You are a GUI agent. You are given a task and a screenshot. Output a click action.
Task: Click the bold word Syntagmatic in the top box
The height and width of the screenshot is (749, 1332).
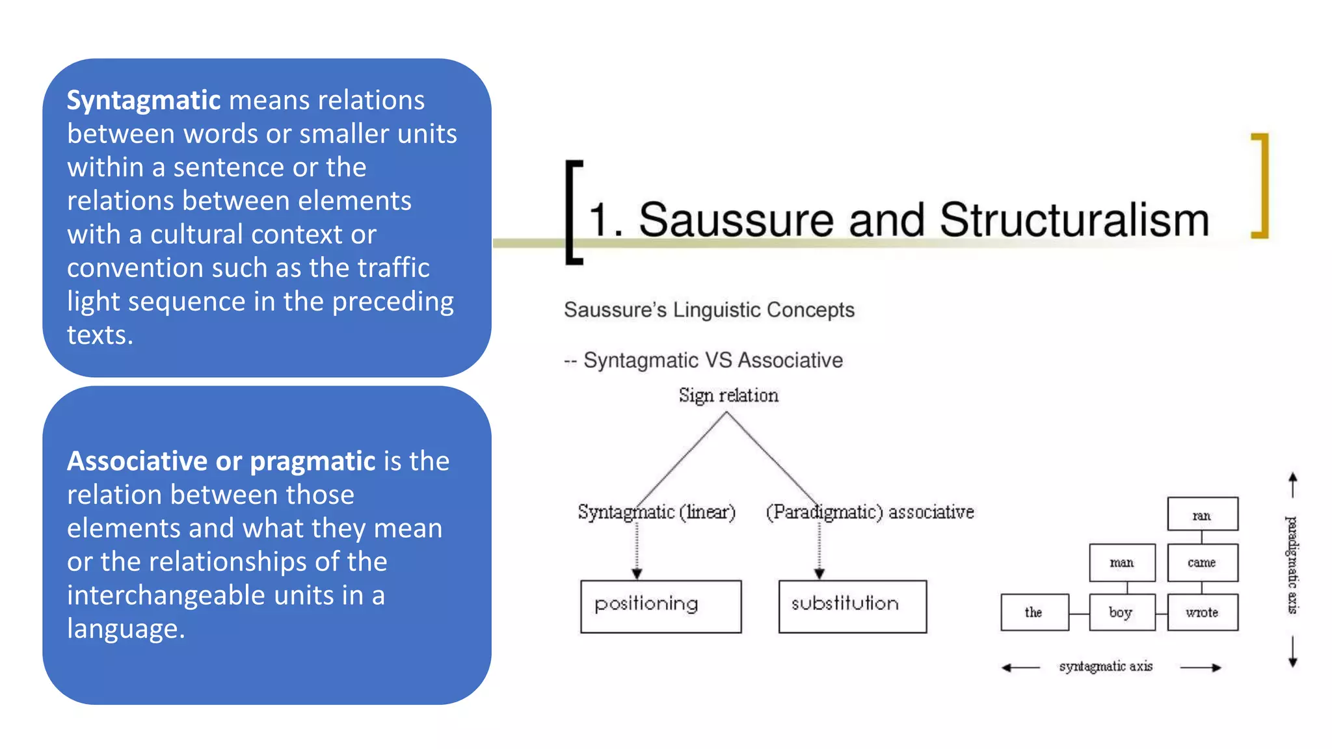click(x=144, y=101)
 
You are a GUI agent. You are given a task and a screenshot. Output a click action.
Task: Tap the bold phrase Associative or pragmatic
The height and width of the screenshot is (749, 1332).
click(x=221, y=462)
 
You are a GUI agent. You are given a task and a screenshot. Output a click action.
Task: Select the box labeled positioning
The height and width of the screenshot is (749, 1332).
click(x=660, y=606)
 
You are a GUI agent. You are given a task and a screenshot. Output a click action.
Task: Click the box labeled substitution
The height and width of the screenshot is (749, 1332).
click(x=852, y=606)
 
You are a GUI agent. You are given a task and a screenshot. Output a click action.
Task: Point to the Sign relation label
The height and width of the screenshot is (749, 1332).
click(x=728, y=395)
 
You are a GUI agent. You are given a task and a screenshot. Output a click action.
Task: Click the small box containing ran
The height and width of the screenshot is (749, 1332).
click(x=1202, y=514)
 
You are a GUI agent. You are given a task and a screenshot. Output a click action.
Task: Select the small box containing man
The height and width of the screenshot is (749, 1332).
click(x=1122, y=562)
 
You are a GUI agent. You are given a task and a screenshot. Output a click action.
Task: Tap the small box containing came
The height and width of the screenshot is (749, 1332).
click(x=1202, y=562)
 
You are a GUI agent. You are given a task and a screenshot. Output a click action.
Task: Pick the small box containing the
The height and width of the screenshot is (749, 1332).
click(x=1034, y=612)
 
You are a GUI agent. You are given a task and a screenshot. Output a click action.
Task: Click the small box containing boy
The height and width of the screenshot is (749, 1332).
click(x=1122, y=612)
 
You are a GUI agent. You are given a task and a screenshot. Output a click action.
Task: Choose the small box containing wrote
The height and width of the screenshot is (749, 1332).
click(x=1202, y=612)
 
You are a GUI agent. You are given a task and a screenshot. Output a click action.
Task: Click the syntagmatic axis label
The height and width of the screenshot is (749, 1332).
click(x=1106, y=666)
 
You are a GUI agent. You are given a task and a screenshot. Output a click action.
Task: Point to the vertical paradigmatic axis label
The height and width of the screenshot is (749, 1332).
click(x=1292, y=564)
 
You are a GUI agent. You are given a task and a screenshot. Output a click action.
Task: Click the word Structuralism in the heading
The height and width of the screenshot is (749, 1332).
click(x=1074, y=220)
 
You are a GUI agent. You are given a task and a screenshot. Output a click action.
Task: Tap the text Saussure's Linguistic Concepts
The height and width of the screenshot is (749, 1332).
click(x=709, y=310)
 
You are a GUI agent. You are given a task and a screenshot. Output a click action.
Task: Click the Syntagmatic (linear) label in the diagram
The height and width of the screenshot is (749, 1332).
click(x=656, y=512)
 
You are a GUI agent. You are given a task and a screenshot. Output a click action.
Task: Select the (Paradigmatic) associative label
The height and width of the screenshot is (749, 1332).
click(x=870, y=512)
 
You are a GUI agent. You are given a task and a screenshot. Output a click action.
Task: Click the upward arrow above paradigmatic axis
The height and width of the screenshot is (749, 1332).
click(x=1292, y=484)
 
